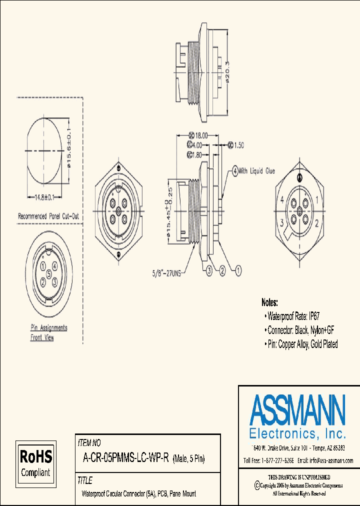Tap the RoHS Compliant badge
pyautogui.click(x=35, y=463)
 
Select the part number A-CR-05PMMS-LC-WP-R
pyautogui.click(x=126, y=458)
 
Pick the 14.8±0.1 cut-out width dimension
pyautogui.click(x=48, y=197)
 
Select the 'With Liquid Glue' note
pyautogui.click(x=256, y=171)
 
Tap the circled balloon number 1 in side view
pyautogui.click(x=238, y=270)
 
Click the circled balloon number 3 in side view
pyautogui.click(x=208, y=270)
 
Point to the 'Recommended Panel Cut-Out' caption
pyautogui.click(x=48, y=216)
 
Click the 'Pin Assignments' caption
pyautogui.click(x=49, y=328)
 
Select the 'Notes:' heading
pyautogui.click(x=270, y=302)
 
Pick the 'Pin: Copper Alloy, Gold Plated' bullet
pyautogui.click(x=302, y=344)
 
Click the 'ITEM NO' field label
pyautogui.click(x=89, y=442)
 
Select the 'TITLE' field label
pyautogui.click(x=85, y=480)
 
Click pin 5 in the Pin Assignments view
pyautogui.click(x=49, y=274)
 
